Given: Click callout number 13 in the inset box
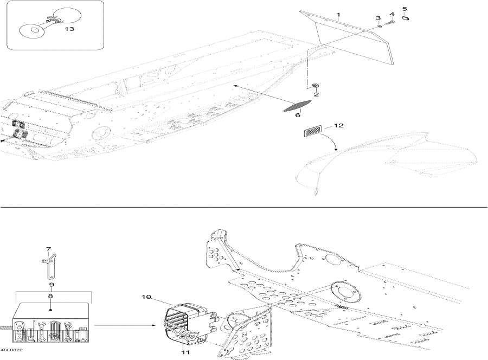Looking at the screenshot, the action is coord(69,29).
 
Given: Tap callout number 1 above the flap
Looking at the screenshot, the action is coord(338,15).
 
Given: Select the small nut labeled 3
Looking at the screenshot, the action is coord(380,27).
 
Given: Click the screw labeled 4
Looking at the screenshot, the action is coord(390,23).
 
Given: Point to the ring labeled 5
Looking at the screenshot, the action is coord(405,18).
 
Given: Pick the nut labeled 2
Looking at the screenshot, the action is coord(314,86).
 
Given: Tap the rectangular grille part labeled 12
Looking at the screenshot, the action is coord(313,129).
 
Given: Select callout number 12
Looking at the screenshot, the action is coord(338,125).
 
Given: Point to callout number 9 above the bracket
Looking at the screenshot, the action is coord(52,285).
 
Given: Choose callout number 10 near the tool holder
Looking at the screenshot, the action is coord(146,297).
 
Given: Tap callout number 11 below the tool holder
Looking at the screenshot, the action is coord(185,352).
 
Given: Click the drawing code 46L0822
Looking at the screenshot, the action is coord(11,350).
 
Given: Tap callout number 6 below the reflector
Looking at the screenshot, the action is coord(298,115).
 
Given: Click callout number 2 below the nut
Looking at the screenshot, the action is coord(316,94).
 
